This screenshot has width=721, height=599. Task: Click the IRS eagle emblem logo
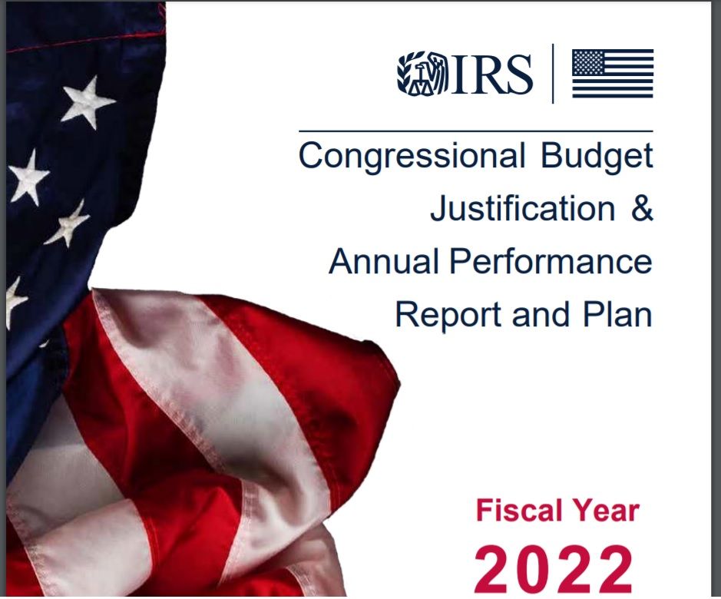(422, 73)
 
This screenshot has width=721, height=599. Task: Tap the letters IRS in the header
(492, 74)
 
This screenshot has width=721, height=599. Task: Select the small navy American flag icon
(613, 74)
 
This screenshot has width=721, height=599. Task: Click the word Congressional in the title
(412, 157)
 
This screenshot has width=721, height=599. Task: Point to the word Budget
(597, 157)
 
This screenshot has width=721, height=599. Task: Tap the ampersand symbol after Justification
(642, 208)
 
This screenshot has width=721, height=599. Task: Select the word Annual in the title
(384, 261)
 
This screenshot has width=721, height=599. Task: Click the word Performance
(551, 261)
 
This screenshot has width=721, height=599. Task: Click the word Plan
(617, 314)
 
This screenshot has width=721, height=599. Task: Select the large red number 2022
(553, 570)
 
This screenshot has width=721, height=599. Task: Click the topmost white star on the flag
(88, 103)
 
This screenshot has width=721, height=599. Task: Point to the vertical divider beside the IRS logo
(553, 74)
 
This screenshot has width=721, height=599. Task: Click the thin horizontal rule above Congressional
(476, 131)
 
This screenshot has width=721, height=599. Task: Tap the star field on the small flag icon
(588, 62)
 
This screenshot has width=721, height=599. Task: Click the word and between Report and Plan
(541, 314)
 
